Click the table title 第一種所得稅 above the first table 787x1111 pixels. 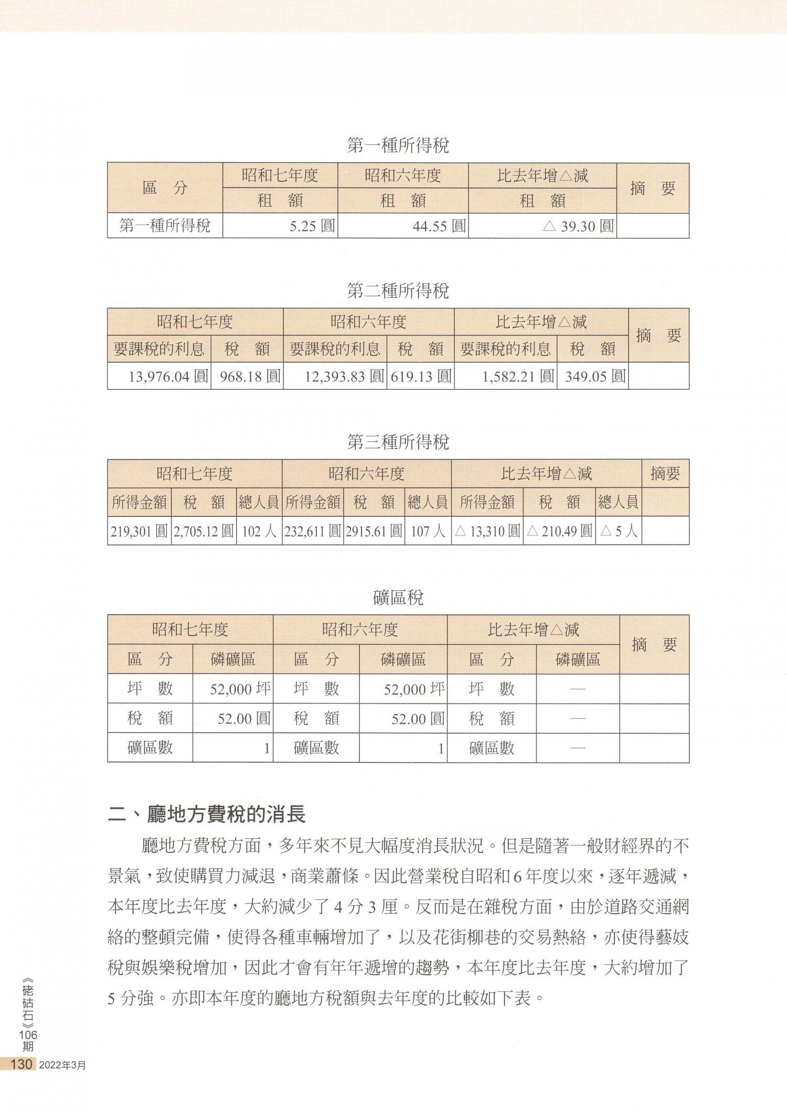click(398, 145)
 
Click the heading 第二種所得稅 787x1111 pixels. click(398, 291)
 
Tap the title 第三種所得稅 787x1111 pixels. click(398, 442)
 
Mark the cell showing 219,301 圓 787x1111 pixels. click(139, 531)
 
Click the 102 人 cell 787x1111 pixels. click(259, 531)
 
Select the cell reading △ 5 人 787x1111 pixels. click(619, 531)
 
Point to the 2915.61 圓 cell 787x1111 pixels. click(374, 531)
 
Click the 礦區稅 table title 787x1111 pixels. click(398, 597)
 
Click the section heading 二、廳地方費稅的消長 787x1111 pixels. click(206, 815)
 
